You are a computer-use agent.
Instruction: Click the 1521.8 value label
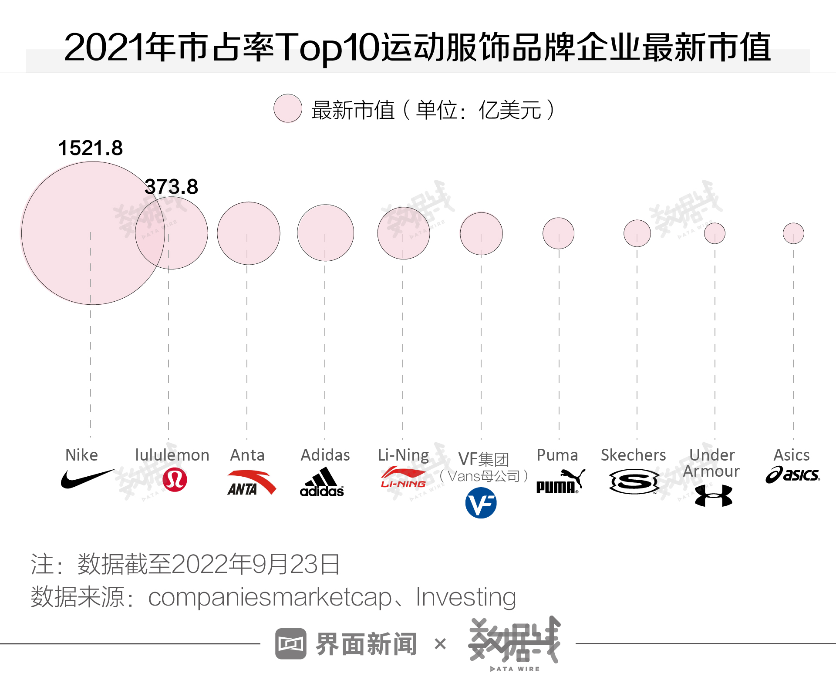click(91, 148)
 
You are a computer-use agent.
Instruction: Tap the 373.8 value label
click(172, 187)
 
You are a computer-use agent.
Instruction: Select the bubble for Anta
click(248, 233)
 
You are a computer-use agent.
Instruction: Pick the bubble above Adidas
click(325, 233)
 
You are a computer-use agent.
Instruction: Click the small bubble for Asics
click(793, 233)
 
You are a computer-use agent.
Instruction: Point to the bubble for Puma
click(558, 233)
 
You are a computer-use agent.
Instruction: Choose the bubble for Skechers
click(637, 233)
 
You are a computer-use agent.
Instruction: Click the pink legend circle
click(288, 108)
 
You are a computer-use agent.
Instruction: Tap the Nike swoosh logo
click(86, 479)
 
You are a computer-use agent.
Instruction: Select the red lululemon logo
click(175, 480)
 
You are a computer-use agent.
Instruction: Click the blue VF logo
click(481, 503)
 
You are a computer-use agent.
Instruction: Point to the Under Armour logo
click(714, 496)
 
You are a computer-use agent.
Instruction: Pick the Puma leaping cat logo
click(560, 481)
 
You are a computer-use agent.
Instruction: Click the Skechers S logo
click(634, 481)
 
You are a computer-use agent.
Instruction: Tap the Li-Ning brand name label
click(403, 455)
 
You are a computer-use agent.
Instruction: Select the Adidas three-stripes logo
click(322, 482)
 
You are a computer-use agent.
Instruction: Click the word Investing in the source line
click(465, 597)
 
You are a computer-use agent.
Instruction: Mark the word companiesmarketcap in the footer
click(270, 597)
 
